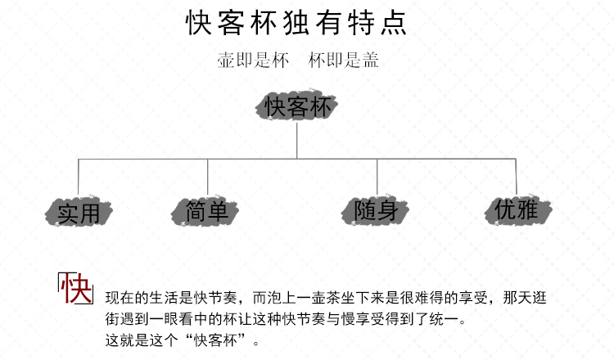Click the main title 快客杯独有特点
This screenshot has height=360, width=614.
(296, 23)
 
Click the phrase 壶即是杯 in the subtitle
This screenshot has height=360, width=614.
(253, 61)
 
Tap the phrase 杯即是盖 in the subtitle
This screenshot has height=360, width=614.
(343, 61)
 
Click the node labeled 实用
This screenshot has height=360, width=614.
(79, 212)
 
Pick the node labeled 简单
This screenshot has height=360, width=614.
(205, 211)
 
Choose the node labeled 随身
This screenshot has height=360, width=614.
(375, 210)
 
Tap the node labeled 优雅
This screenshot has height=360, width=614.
(518, 209)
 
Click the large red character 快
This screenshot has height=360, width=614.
(76, 288)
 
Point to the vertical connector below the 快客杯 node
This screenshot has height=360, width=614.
(297, 141)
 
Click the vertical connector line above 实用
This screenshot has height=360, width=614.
(79, 177)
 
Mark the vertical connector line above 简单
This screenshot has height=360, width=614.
(208, 177)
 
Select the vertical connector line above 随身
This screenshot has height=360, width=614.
(377, 177)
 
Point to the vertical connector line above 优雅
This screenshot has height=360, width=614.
(516, 177)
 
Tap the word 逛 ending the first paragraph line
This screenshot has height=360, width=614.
(540, 298)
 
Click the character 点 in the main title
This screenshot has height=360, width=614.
(394, 23)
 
